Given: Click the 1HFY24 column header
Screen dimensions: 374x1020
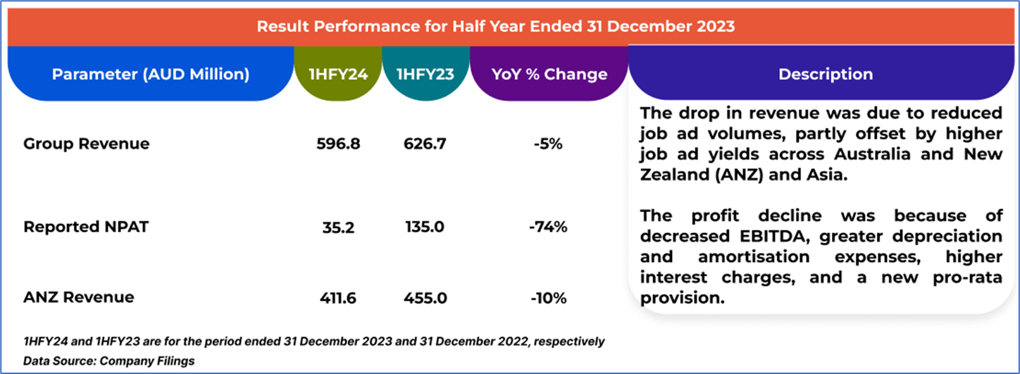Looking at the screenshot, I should point(338,74).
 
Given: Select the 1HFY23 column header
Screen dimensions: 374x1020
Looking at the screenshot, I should point(425,74).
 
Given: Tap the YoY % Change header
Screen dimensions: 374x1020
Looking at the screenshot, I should point(549,74).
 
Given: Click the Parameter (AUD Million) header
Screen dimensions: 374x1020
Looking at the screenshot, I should point(150,74).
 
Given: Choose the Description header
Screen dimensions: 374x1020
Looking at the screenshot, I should point(825,74).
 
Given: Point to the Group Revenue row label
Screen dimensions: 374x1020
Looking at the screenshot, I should point(86,144).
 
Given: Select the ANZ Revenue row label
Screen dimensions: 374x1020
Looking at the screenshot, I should point(79,297).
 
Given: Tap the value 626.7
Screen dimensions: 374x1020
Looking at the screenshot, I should point(425,144).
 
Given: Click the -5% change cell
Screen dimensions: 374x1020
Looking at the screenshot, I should point(548,144).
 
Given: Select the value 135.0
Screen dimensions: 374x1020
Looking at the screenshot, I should point(425,227).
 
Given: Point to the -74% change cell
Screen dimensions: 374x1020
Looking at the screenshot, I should point(548,227).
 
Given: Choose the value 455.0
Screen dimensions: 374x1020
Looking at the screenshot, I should point(425,298).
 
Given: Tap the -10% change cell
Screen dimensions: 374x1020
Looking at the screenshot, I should point(548,298).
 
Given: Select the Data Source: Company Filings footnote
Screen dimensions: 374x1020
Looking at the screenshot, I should point(108,361).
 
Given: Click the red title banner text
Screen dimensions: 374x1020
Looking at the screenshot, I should point(495,27).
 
